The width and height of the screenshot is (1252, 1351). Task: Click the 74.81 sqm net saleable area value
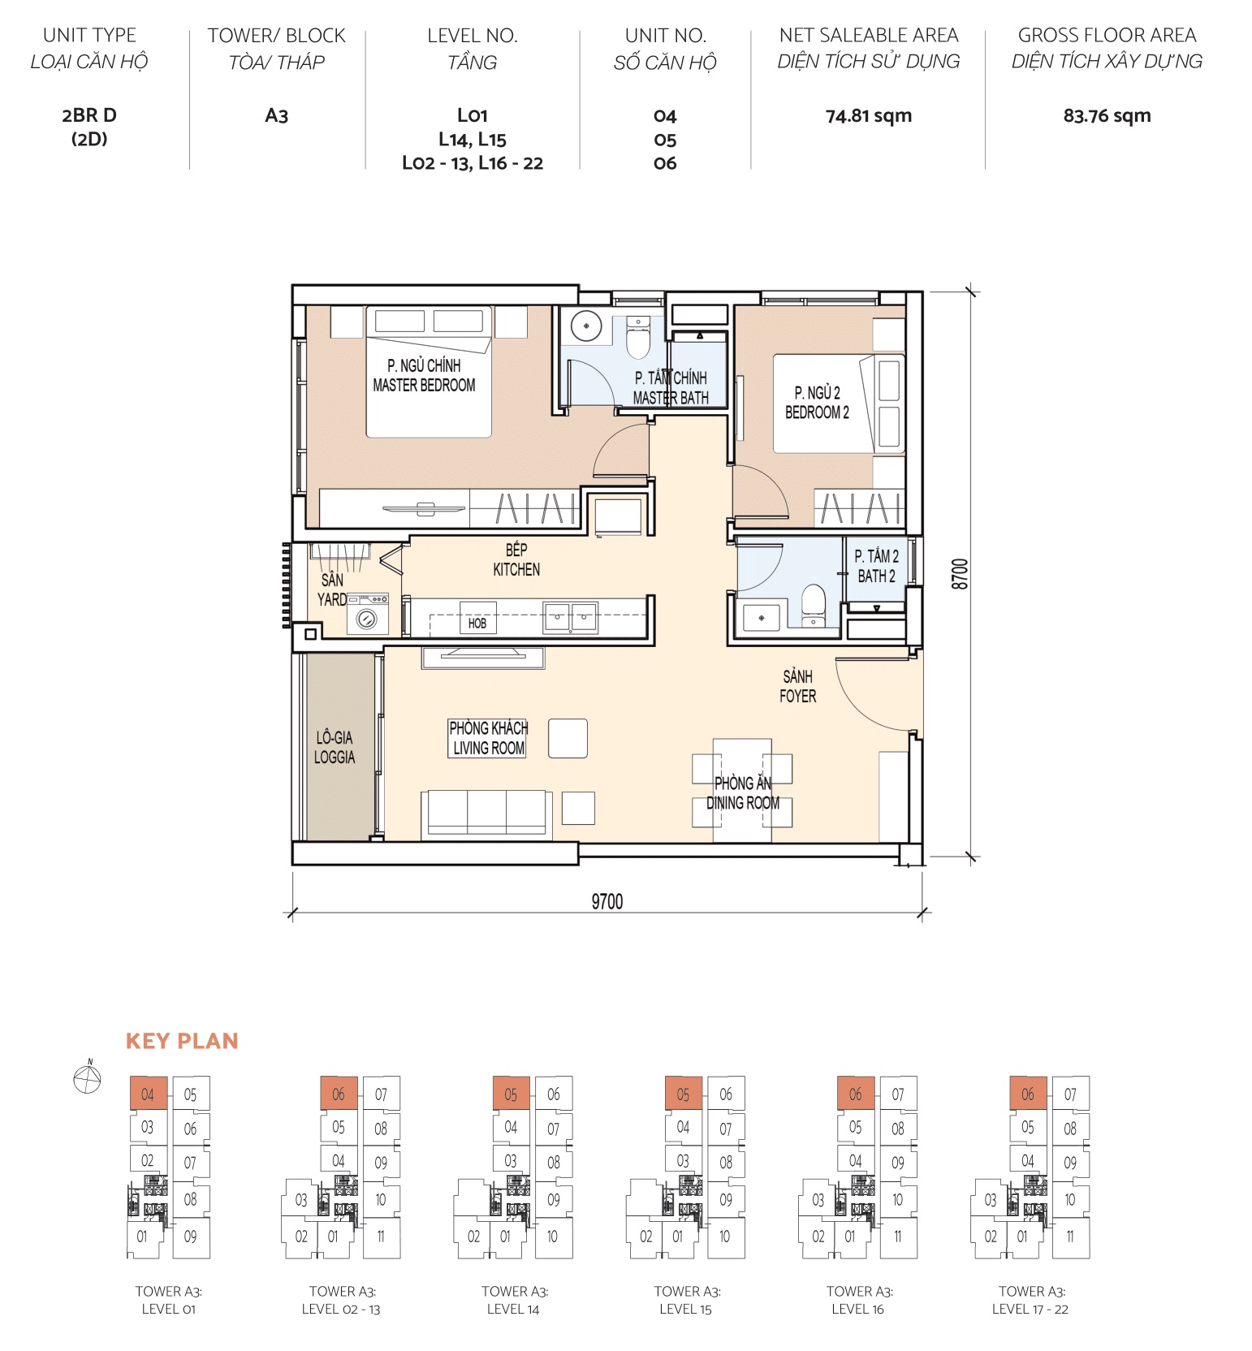tap(868, 116)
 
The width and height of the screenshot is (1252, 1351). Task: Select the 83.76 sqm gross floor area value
tap(1107, 116)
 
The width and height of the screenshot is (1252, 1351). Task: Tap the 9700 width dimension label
tap(607, 902)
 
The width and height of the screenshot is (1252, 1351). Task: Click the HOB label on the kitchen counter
tap(477, 623)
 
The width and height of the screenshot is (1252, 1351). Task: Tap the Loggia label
tap(335, 747)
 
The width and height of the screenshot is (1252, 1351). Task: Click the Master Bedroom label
tap(424, 376)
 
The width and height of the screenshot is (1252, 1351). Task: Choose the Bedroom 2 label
tap(817, 403)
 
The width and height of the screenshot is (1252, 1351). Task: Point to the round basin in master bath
tap(585, 326)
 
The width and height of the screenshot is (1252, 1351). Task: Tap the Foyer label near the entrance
tap(797, 686)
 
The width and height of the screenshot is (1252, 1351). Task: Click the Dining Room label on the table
tap(742, 793)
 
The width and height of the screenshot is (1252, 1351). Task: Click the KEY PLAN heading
tap(182, 1041)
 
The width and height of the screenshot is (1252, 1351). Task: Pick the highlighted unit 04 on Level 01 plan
tap(148, 1094)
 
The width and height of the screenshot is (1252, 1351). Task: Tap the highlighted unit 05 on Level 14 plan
tap(511, 1094)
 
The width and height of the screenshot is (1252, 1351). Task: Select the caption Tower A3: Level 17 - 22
tap(1030, 1299)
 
